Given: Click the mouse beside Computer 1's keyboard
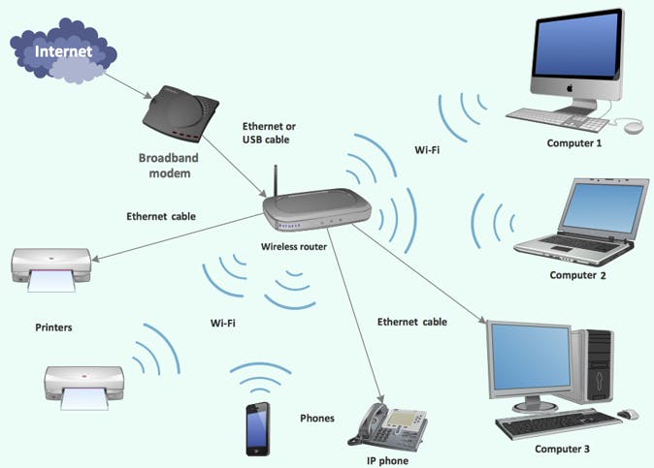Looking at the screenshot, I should point(633,127).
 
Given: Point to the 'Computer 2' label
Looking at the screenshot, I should point(577,275).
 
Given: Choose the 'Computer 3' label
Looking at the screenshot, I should point(562,450).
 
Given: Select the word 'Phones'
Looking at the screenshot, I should point(316,419).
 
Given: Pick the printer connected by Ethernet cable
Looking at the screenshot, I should point(52,266).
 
